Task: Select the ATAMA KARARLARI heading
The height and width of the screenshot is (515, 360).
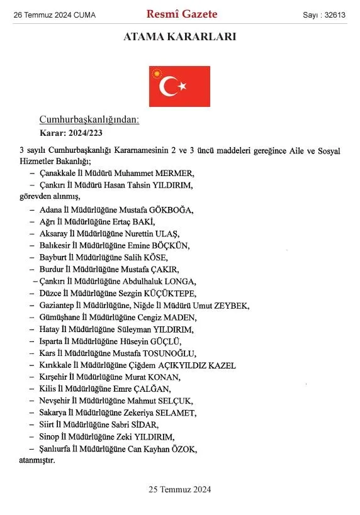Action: pos(180,37)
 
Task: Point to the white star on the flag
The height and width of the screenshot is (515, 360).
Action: pos(183,85)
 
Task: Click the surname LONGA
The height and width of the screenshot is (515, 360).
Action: pos(181,281)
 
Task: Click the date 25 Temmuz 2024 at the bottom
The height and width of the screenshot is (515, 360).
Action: pos(180,489)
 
